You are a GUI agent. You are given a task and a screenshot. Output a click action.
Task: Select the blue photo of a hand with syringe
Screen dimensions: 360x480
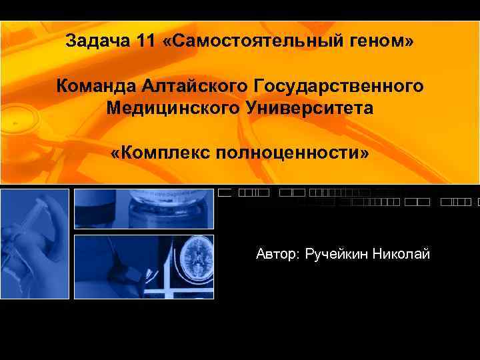35,244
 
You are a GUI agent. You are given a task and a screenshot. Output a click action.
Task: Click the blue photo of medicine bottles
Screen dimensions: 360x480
143,209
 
